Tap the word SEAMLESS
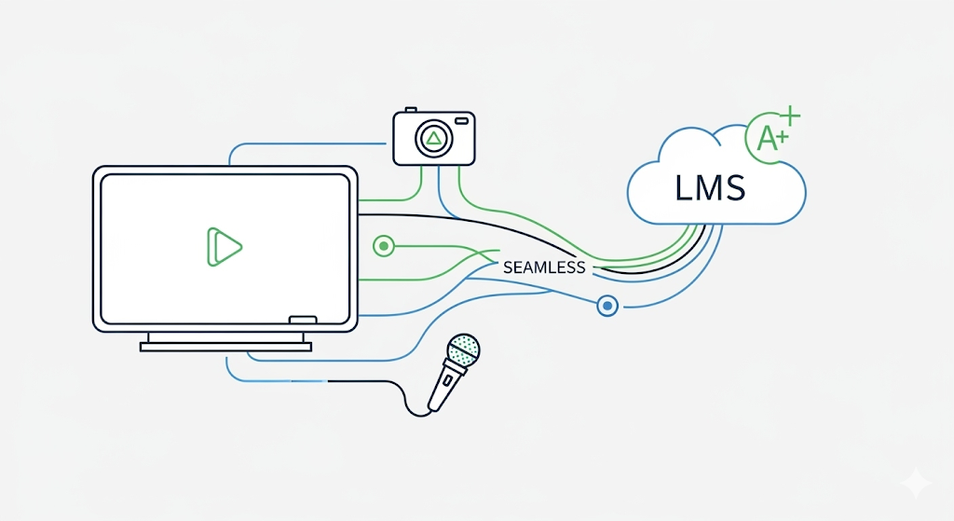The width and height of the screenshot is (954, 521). click(544, 267)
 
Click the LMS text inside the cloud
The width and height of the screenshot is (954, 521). click(710, 188)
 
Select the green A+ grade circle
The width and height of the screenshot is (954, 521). click(770, 140)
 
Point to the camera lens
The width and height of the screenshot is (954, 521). click(433, 140)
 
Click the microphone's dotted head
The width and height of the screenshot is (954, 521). click(463, 351)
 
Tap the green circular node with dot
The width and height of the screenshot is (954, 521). click(383, 246)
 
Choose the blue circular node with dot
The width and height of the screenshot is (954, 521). click(607, 305)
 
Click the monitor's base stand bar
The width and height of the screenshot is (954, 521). click(225, 346)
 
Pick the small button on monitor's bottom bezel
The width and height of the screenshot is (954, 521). click(304, 321)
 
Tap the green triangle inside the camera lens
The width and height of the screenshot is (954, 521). click(433, 141)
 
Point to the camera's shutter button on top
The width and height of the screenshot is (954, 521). click(411, 111)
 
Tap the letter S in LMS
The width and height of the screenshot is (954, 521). click(735, 188)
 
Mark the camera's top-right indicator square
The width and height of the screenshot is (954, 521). click(463, 123)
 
